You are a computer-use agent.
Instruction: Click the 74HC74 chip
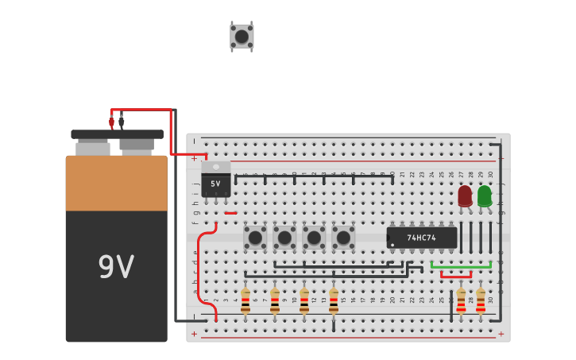(422, 238)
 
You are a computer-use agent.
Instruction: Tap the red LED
(465, 195)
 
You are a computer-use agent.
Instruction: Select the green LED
(485, 195)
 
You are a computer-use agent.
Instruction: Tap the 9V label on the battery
(116, 267)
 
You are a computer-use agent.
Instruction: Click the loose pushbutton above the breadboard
(242, 37)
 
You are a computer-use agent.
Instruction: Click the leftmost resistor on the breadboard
(245, 300)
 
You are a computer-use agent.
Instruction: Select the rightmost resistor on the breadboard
(481, 300)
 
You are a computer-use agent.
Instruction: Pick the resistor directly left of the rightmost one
(461, 300)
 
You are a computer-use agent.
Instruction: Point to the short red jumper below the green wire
(455, 277)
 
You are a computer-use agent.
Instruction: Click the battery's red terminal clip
(111, 122)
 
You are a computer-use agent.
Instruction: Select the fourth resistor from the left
(334, 300)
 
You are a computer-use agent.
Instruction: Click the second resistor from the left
(275, 300)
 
